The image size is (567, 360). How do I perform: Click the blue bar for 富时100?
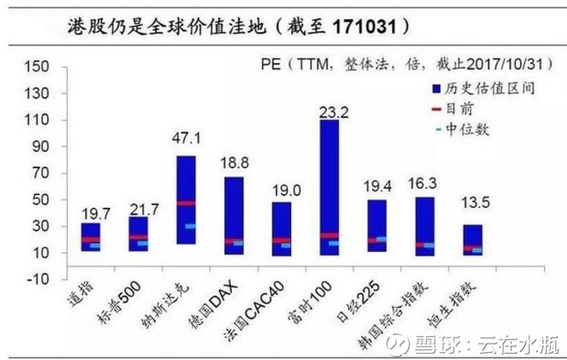click(x=328, y=185)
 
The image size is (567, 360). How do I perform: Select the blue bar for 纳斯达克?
click(x=186, y=198)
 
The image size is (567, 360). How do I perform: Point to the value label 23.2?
click(x=329, y=110)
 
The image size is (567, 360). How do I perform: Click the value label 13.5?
click(x=472, y=205)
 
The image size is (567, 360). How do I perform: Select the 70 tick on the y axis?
click(x=40, y=174)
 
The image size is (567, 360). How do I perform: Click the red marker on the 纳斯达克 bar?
click(x=186, y=204)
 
